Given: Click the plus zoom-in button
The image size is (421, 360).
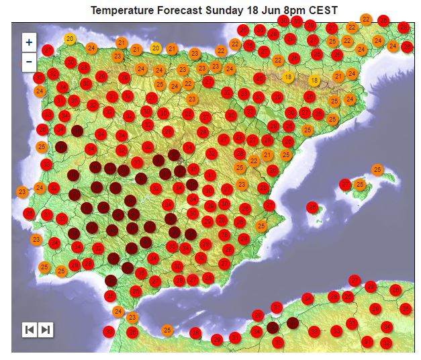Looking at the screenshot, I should click(29, 42).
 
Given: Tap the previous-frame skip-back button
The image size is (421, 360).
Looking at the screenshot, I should click(30, 329).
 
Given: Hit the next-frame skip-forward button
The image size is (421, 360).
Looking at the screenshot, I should click(45, 329).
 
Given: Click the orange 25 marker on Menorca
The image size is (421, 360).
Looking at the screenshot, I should click(377, 170).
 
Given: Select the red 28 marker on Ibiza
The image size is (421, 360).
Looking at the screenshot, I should click(312, 208).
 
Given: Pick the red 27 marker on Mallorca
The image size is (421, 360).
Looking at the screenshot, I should click(346, 184).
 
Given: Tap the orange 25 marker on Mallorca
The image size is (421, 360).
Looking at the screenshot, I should click(360, 185).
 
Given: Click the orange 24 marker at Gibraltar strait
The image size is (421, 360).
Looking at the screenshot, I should click(118, 311).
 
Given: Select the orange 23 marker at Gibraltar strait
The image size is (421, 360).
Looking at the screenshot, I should click(132, 317).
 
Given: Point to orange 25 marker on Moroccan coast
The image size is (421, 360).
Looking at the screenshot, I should click(167, 330).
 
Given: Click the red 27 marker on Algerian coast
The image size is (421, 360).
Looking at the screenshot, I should click(355, 280).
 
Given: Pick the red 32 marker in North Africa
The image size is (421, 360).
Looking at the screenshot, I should click(385, 342).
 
